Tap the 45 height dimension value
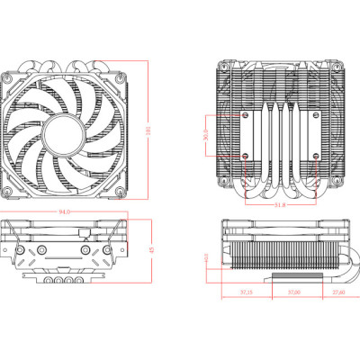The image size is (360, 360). click(151, 250)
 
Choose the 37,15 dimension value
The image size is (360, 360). click(245, 292)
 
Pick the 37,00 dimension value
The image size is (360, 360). click(293, 292)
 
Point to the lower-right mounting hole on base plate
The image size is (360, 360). click(315, 155)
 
